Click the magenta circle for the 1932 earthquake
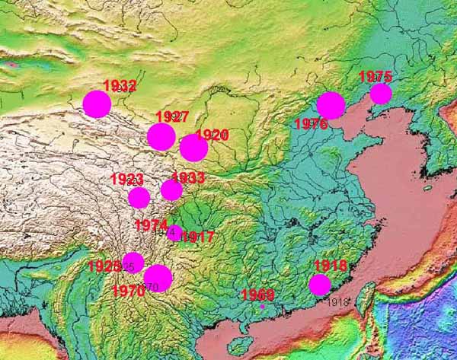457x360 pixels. click(97, 104)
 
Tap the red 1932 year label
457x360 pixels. click(120, 86)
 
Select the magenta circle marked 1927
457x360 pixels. click(161, 136)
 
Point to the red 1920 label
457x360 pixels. click(212, 135)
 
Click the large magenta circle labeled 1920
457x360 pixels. click(193, 148)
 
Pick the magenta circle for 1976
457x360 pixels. click(331, 105)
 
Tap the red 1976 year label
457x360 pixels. click(311, 124)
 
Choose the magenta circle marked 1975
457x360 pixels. click(381, 94)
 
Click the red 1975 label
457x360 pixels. click(375, 76)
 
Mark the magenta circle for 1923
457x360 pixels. click(139, 198)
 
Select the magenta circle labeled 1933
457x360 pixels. click(171, 190)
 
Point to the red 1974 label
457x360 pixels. click(150, 225)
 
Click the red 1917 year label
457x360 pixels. click(197, 237)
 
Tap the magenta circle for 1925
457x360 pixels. click(133, 263)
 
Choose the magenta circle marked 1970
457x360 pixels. click(158, 278)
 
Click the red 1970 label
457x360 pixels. click(128, 290)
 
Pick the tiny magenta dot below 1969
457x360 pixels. click(263, 307)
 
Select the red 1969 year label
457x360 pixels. click(257, 295)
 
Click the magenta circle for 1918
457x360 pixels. click(320, 285)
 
